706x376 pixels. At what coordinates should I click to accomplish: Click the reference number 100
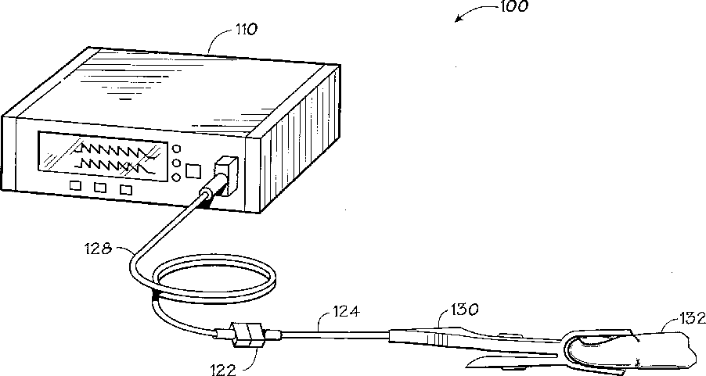pos(513,8)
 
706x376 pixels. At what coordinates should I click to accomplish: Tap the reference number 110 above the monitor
pos(247,31)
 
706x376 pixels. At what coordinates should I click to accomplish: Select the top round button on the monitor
pos(177,149)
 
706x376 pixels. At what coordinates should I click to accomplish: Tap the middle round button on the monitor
pos(177,164)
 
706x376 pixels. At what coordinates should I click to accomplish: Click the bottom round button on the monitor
pos(177,179)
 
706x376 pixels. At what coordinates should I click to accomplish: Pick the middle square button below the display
pos(99,188)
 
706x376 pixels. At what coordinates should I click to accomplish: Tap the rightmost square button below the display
pos(125,189)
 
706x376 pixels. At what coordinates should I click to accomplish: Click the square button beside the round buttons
pos(196,170)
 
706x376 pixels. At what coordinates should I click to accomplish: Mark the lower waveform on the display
pos(110,164)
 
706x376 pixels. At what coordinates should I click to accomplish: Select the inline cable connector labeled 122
pos(249,336)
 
